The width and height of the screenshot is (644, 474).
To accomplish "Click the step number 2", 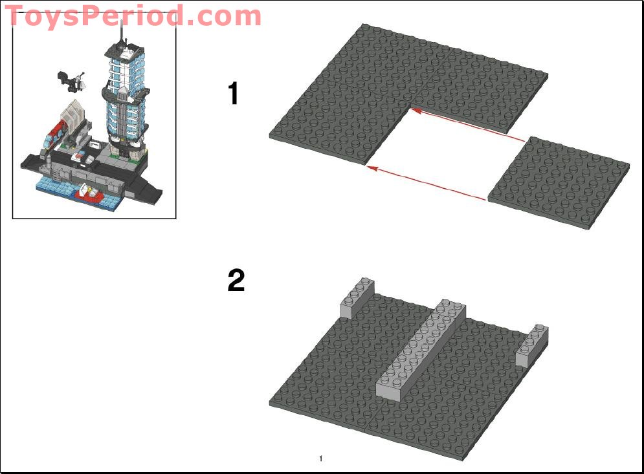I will pyautogui.click(x=236, y=281).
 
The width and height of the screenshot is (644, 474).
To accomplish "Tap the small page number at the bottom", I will pyautogui.click(x=321, y=459).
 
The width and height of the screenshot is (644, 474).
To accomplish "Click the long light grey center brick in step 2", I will pyautogui.click(x=421, y=349).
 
